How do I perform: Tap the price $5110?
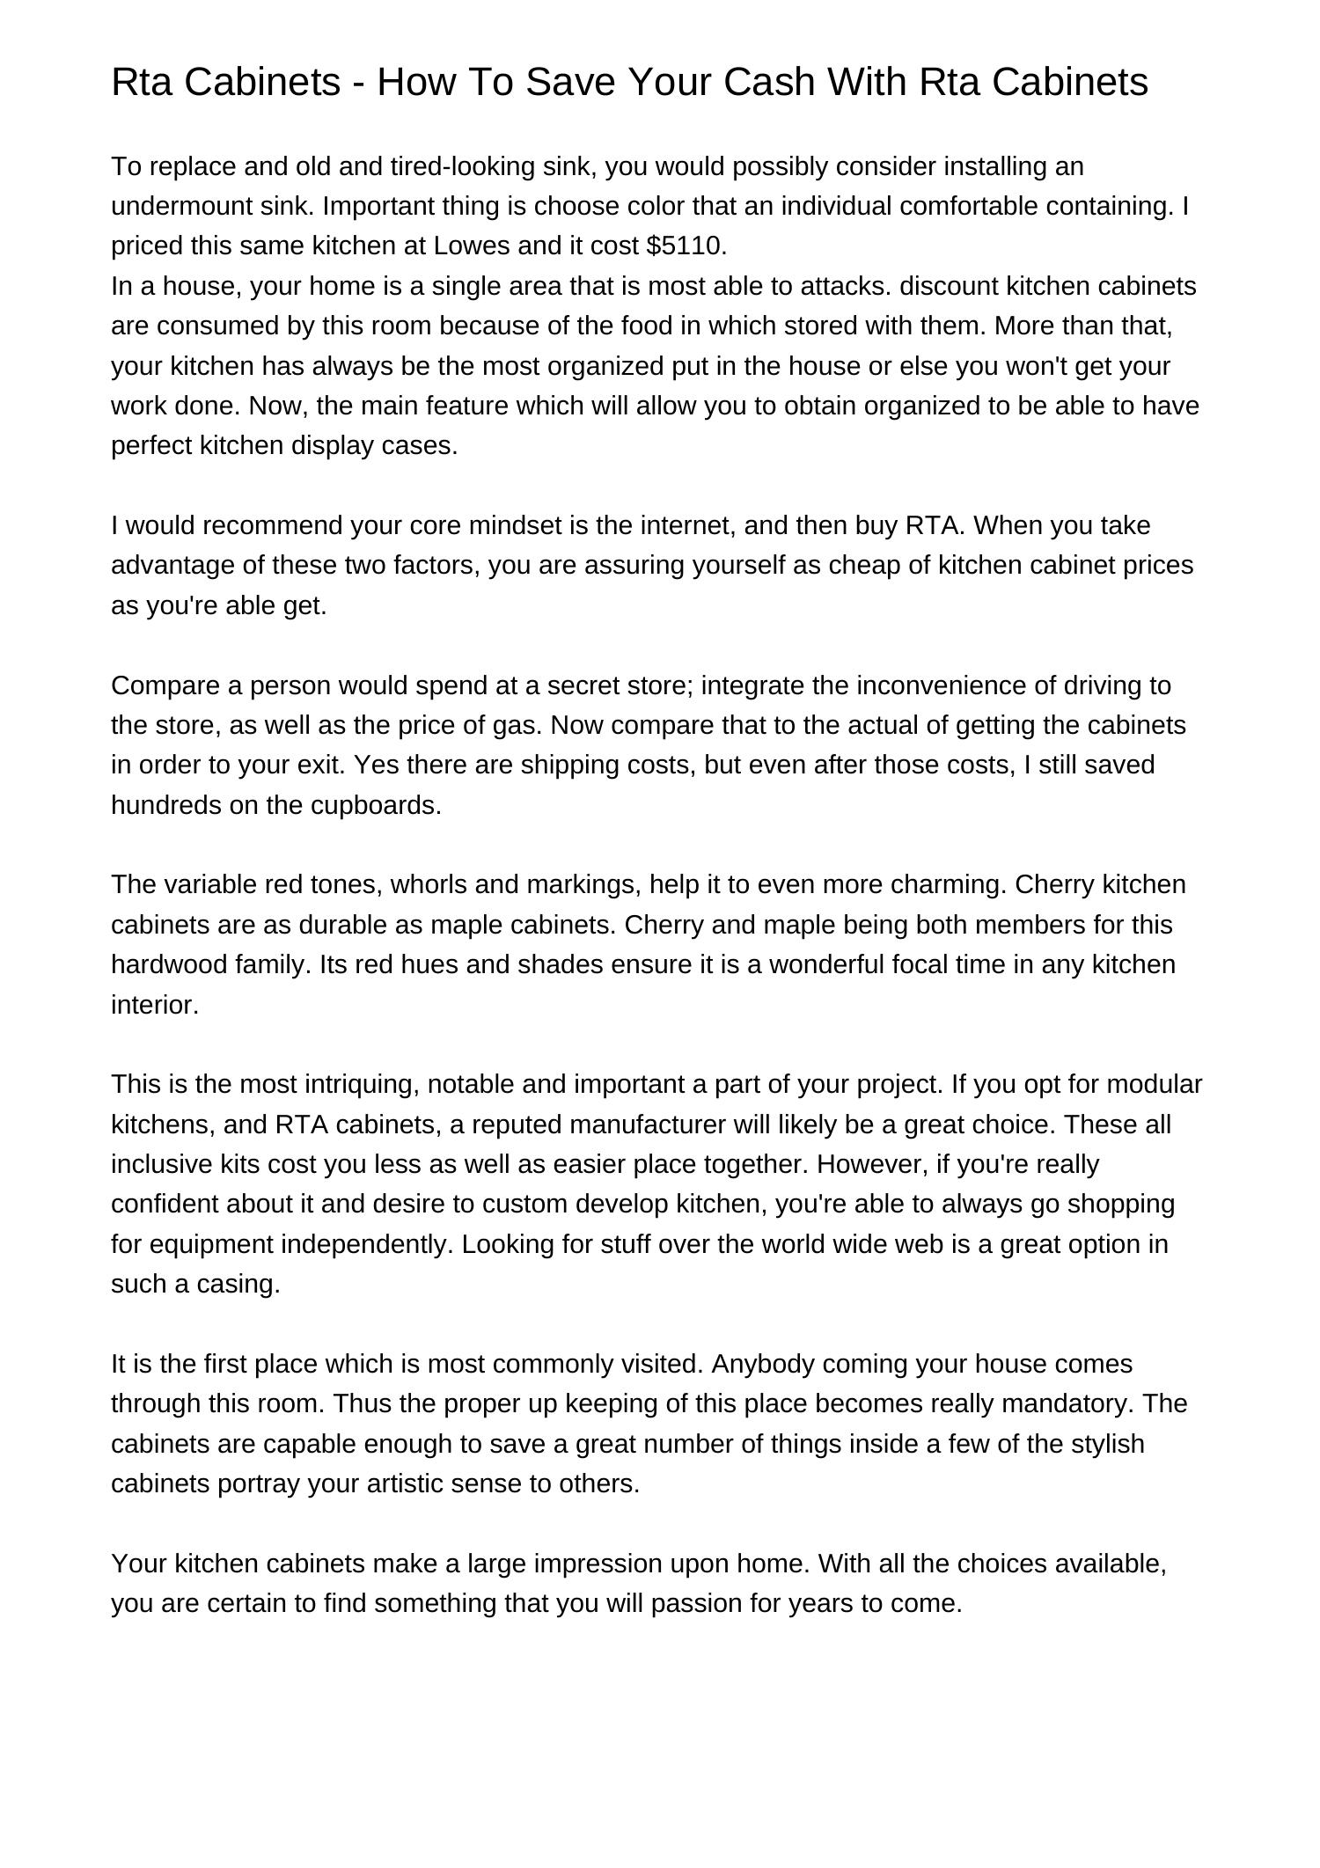pyautogui.click(x=686, y=246)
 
